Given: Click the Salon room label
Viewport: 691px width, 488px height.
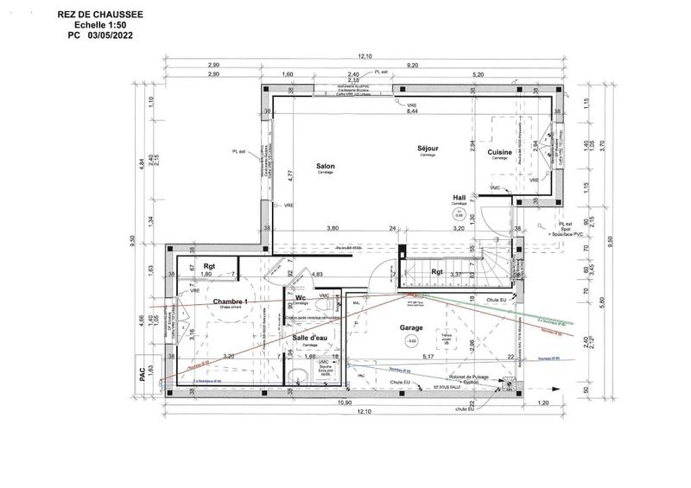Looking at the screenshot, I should [325, 167].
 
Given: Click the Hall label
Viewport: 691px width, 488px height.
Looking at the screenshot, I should [460, 198].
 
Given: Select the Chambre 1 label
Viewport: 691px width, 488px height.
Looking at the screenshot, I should [230, 301].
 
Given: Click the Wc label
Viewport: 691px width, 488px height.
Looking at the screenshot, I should [300, 299].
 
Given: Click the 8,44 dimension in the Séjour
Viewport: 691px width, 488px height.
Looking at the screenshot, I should [411, 111].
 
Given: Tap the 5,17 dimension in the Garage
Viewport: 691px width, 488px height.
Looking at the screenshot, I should [427, 356].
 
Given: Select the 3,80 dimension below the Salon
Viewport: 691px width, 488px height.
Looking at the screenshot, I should [332, 228].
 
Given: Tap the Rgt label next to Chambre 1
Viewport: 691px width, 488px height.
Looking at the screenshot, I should [209, 266].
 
